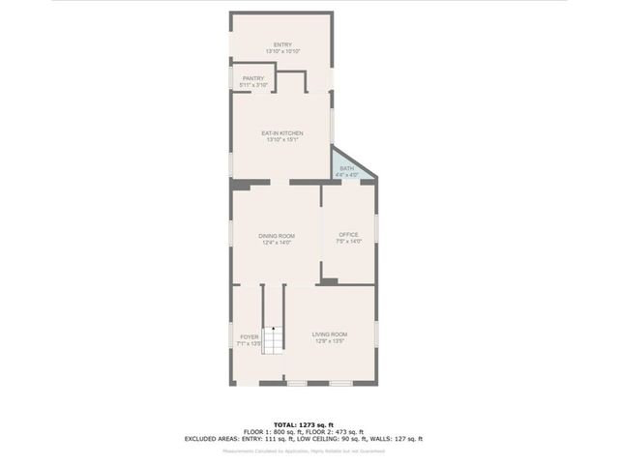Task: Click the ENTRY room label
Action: [282, 44]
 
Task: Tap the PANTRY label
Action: [253, 78]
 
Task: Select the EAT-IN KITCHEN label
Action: [282, 132]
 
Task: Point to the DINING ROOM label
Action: [277, 236]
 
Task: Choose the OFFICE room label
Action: [348, 235]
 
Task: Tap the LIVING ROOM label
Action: [329, 334]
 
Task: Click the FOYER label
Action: [250, 336]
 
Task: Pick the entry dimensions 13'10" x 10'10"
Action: [282, 51]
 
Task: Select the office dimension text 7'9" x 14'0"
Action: [348, 242]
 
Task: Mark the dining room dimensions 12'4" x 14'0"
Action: [277, 243]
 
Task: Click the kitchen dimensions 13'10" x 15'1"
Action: [282, 139]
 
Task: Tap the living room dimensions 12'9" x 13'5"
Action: [329, 341]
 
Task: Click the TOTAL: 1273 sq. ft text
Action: [309, 424]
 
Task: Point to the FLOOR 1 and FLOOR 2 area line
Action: [309, 431]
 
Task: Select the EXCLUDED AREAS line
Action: [309, 439]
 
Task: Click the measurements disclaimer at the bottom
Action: [309, 450]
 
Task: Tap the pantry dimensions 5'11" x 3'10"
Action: [253, 85]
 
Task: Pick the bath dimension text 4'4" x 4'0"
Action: [346, 174]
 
